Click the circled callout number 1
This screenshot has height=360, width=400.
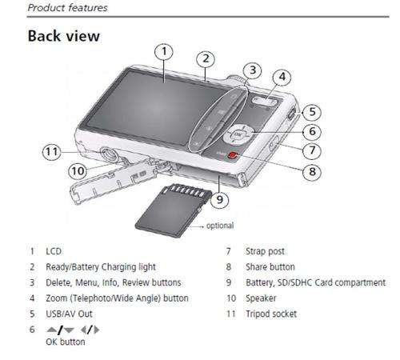pyautogui.click(x=164, y=52)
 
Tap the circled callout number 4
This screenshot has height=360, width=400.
pyautogui.click(x=282, y=77)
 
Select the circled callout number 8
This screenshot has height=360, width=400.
pyautogui.click(x=312, y=172)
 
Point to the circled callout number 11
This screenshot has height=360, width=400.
pyautogui.click(x=52, y=152)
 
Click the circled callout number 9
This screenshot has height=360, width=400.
pyautogui.click(x=219, y=199)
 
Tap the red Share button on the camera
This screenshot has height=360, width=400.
pyautogui.click(x=233, y=156)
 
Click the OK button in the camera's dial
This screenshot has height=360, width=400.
pyautogui.click(x=237, y=134)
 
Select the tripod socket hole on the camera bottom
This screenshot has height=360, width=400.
pyautogui.click(x=110, y=154)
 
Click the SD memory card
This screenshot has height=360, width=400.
pyautogui.click(x=174, y=210)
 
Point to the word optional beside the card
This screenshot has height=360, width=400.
pyautogui.click(x=220, y=226)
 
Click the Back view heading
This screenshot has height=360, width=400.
pyautogui.click(x=64, y=36)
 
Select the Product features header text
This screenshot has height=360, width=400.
pyautogui.click(x=68, y=8)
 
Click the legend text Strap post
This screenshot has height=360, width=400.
pyautogui.click(x=265, y=251)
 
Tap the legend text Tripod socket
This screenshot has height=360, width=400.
pyautogui.click(x=271, y=314)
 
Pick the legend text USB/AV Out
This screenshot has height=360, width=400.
pyautogui.click(x=69, y=314)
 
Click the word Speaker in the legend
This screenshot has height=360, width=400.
pyautogui.click(x=261, y=298)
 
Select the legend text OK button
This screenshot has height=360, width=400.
pyautogui.click(x=66, y=342)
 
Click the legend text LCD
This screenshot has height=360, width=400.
pyautogui.click(x=54, y=251)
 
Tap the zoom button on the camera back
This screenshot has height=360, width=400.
pyautogui.click(x=264, y=102)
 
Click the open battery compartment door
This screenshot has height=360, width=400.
pyautogui.click(x=114, y=182)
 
